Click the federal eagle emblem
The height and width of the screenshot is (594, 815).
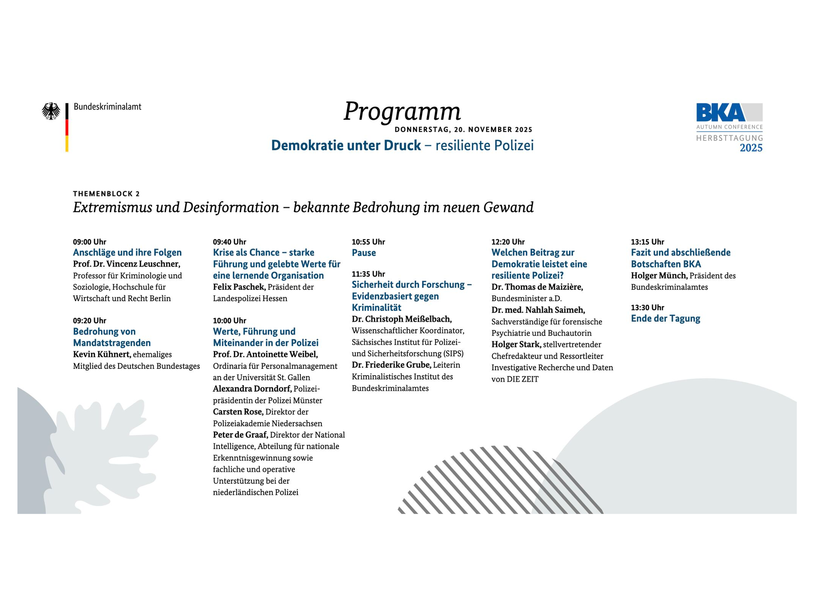point(51,111)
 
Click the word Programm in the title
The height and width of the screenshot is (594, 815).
point(402,111)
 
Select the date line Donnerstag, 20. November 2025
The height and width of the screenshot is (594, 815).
point(463,129)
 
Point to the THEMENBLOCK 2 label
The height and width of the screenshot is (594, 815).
point(106,194)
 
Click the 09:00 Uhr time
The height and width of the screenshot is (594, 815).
point(90,242)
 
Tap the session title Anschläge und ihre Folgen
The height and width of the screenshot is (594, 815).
point(127,252)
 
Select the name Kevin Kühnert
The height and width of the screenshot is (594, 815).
point(102,354)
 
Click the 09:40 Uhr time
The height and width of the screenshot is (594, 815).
point(229,242)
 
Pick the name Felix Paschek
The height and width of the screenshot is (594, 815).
point(239,287)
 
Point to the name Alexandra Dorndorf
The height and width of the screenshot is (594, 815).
point(252,389)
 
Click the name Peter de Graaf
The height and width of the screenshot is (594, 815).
point(240,435)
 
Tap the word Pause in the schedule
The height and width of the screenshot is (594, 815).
point(363,253)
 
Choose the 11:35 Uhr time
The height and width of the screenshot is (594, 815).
point(368,274)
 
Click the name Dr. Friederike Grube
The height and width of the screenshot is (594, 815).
point(391,365)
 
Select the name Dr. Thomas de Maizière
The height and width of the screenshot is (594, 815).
point(537,287)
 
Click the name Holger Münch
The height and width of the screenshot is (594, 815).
point(659,276)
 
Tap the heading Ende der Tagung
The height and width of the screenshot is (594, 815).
point(666,319)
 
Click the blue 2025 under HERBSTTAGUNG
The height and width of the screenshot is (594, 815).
point(751,148)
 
